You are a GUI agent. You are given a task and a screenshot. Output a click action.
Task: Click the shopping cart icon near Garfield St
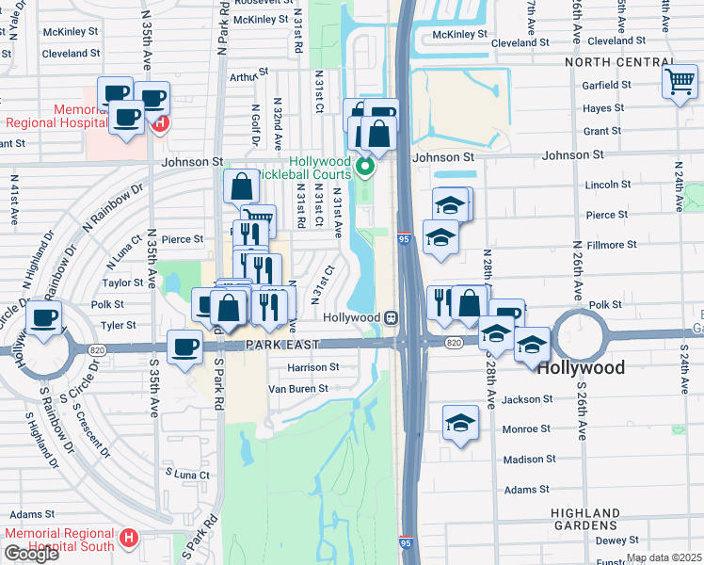click(x=679, y=82)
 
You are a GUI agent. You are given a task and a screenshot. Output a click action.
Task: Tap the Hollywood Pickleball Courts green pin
click(x=367, y=169)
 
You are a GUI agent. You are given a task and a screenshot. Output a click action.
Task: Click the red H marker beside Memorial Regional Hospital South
click(x=129, y=540)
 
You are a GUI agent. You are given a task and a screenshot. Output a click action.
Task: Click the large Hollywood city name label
click(x=581, y=367)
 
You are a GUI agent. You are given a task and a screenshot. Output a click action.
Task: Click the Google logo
click(x=31, y=554)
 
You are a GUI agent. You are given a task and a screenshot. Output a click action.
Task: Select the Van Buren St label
click(x=297, y=388)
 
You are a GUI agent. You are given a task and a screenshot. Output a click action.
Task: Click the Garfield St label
click(x=606, y=85)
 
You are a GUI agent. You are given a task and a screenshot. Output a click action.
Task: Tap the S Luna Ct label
click(x=187, y=474)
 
